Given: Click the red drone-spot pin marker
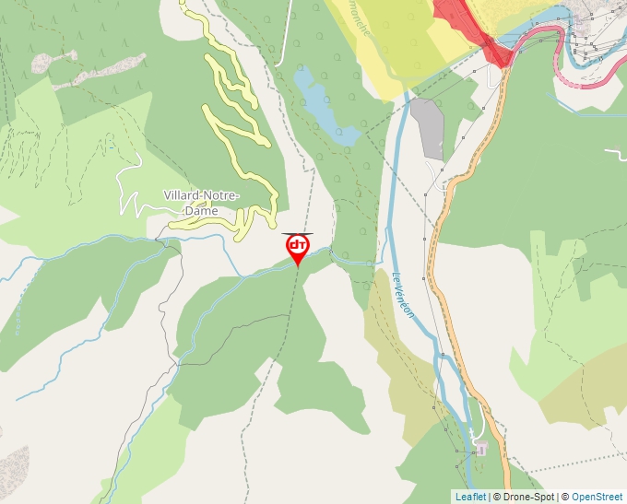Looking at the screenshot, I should pyautogui.click(x=297, y=247).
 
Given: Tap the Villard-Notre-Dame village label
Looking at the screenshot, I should pyautogui.click(x=202, y=203).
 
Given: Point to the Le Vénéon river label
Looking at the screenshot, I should pyautogui.click(x=404, y=296).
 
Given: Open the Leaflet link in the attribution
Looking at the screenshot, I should pyautogui.click(x=470, y=497).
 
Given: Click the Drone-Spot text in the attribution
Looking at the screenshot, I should pyautogui.click(x=526, y=497).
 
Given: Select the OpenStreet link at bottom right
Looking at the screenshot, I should pyautogui.click(x=598, y=497).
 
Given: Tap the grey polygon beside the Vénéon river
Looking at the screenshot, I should pyautogui.click(x=429, y=128).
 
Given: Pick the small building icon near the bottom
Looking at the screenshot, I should pyautogui.click(x=480, y=448).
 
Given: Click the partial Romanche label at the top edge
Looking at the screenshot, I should pyautogui.click(x=360, y=16).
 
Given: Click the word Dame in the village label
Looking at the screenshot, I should pyautogui.click(x=202, y=211).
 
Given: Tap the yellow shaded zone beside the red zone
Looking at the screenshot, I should pyautogui.click(x=396, y=41).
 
